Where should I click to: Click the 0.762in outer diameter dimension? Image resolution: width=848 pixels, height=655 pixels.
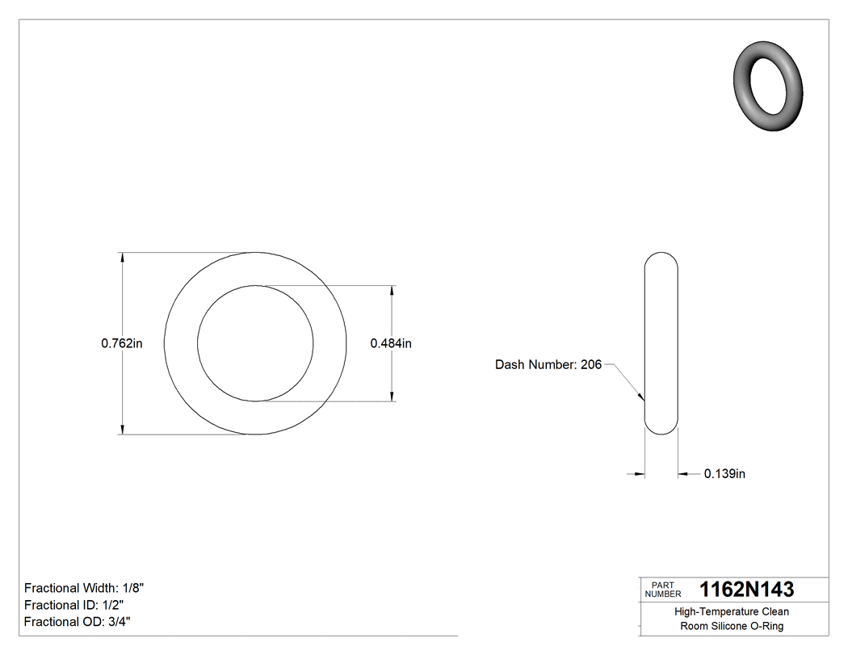click(122, 343)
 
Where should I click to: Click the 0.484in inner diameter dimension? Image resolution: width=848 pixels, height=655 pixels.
click(391, 343)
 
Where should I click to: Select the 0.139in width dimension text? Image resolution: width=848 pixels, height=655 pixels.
click(724, 474)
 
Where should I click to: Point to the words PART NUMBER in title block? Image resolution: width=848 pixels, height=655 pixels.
click(663, 590)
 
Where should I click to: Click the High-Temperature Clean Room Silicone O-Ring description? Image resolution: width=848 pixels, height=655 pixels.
click(732, 619)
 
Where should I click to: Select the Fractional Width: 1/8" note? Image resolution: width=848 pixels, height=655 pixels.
click(84, 588)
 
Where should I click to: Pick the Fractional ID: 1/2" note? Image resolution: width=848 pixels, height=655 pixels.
click(73, 605)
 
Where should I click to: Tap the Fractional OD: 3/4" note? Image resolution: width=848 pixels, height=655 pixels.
click(77, 622)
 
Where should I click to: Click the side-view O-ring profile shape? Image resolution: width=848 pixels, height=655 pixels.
click(661, 343)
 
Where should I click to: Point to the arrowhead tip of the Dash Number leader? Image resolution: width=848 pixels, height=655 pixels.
click(643, 400)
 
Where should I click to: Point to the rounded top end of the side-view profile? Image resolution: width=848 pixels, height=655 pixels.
click(661, 257)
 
